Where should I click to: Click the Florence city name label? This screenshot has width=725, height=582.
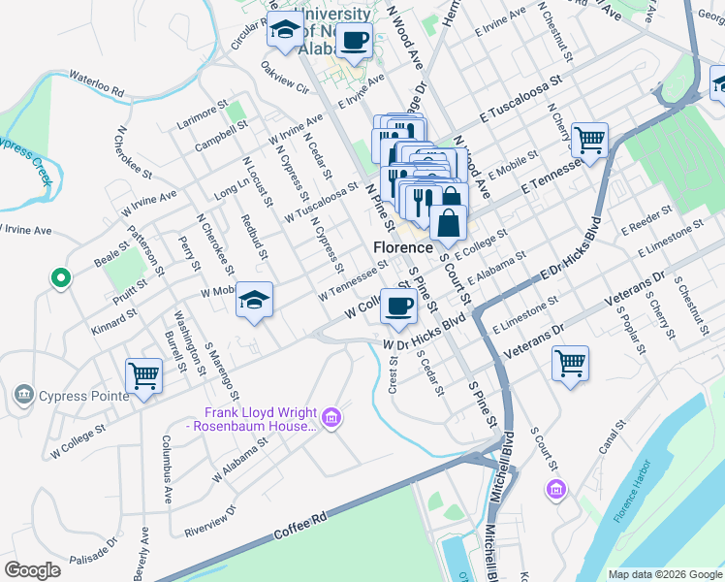pyautogui.click(x=401, y=248)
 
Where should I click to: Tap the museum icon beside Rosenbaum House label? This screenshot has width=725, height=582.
pyautogui.click(x=331, y=418)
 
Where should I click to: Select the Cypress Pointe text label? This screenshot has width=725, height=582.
pyautogui.click(x=71, y=395)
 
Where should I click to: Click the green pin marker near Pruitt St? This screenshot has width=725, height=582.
pyautogui.click(x=60, y=278)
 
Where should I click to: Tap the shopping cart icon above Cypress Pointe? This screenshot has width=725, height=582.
pyautogui.click(x=143, y=373)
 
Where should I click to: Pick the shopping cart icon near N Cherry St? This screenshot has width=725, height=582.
pyautogui.click(x=588, y=140)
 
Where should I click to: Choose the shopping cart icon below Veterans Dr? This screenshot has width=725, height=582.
pyautogui.click(x=570, y=364)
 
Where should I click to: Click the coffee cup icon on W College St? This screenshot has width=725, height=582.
pyautogui.click(x=397, y=307)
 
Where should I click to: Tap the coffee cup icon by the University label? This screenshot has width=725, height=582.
pyautogui.click(x=354, y=40)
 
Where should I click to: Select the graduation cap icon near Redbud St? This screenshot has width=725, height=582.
pyautogui.click(x=254, y=300)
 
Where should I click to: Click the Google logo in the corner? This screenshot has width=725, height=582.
pyautogui.click(x=32, y=569)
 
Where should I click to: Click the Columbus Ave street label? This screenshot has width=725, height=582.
pyautogui.click(x=165, y=470)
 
